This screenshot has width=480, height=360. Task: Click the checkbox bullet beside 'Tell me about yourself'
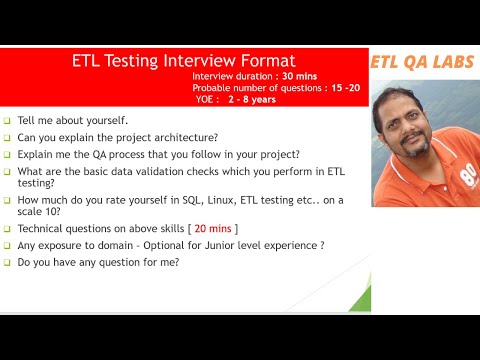7,120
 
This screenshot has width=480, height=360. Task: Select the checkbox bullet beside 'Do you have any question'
7,262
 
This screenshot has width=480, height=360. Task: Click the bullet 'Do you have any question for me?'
98,262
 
